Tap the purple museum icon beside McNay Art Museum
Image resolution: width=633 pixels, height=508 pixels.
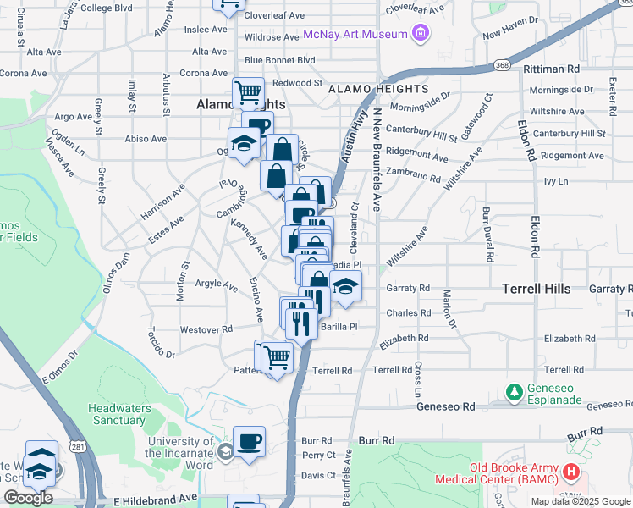coord(419,34)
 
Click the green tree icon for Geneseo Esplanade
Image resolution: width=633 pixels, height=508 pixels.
coord(514,392)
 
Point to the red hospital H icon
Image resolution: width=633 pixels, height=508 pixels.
coord(572,471)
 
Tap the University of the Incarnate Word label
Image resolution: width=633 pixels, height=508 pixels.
coord(180,447)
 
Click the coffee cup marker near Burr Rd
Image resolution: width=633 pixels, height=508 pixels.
coord(249,441)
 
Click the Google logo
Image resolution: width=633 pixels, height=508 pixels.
coord(29,498)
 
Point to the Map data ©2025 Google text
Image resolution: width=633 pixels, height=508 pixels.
coord(580,501)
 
